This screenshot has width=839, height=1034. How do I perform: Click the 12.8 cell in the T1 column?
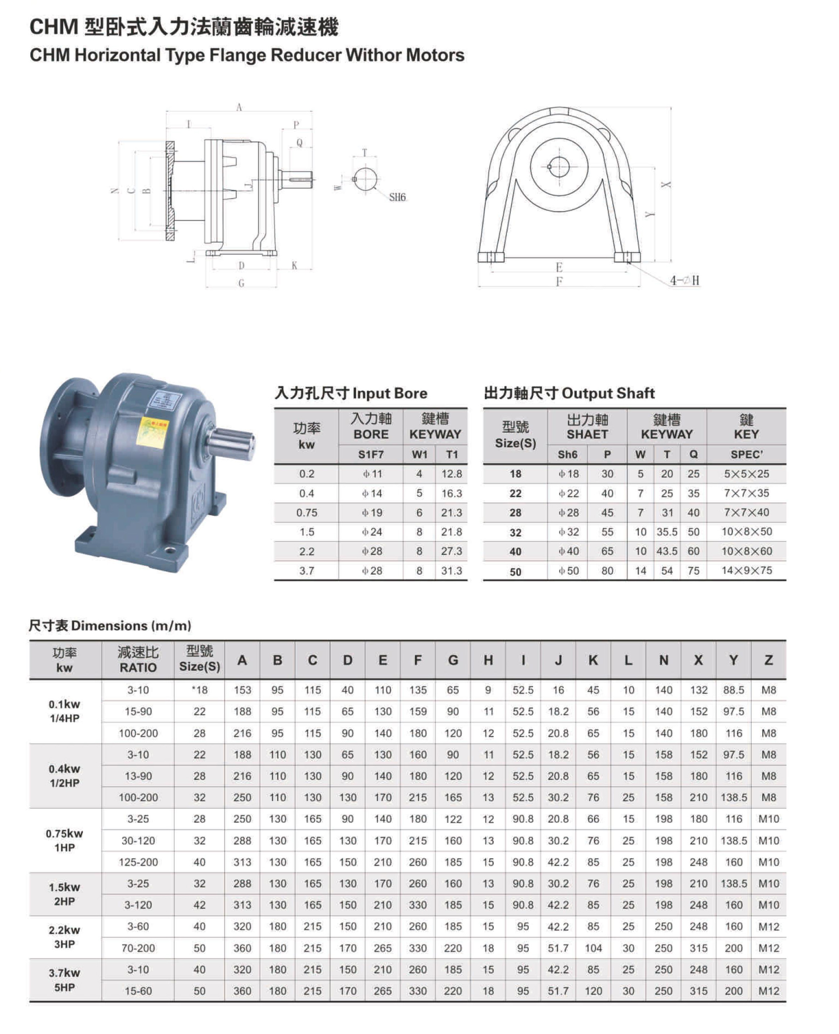point(452,474)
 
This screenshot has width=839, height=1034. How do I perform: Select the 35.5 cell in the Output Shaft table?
point(667,532)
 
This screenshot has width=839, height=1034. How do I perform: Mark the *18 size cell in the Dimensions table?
point(199,690)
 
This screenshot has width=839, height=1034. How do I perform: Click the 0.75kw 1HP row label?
point(65,840)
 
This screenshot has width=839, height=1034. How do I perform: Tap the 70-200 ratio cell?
point(138,948)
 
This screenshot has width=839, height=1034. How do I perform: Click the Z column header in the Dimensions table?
point(768,660)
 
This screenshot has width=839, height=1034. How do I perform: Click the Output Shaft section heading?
point(569,393)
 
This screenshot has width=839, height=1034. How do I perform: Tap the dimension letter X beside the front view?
point(666,185)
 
